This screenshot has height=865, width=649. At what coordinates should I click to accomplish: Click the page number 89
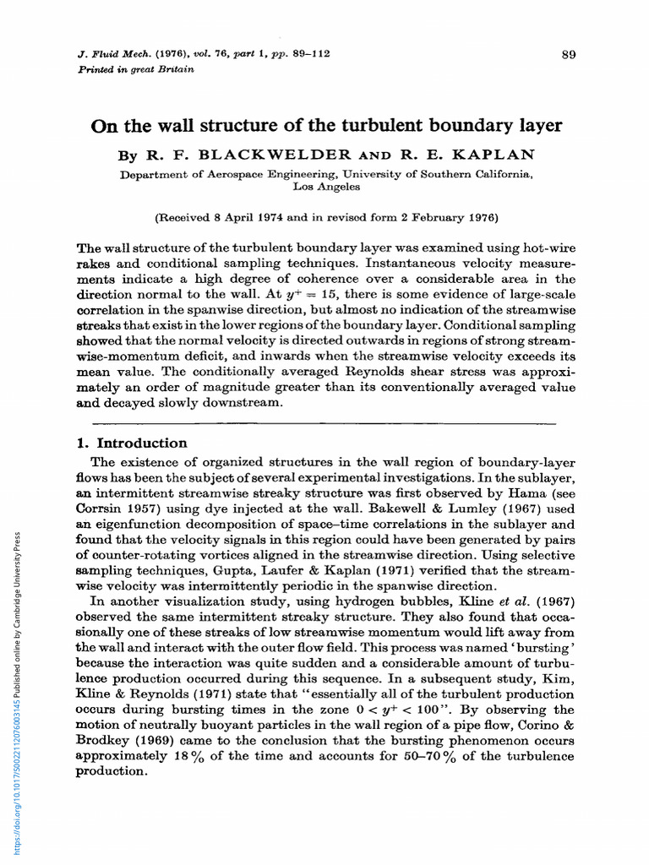[x=568, y=55]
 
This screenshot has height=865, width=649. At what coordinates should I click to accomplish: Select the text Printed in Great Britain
[x=135, y=69]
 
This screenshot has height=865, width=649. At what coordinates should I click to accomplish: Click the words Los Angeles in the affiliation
[x=325, y=187]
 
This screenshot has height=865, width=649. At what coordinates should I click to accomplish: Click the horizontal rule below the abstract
[x=324, y=422]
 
